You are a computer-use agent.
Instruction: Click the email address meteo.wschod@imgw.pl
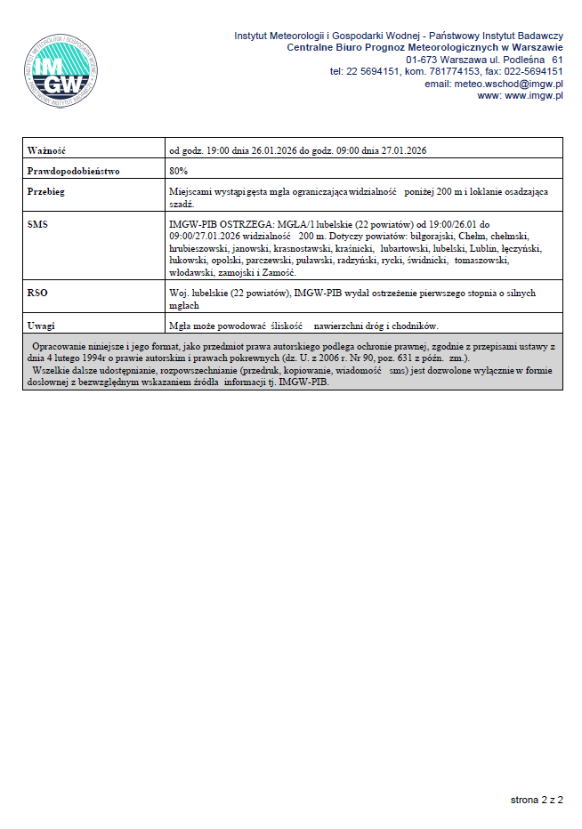(508, 84)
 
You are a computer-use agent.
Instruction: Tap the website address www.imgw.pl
(534, 96)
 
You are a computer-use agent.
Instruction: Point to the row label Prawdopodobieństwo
(73, 170)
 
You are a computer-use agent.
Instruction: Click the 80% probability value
(178, 170)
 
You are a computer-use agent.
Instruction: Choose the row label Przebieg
(46, 191)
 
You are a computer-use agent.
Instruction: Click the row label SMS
(37, 224)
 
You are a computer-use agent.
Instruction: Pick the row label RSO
(37, 292)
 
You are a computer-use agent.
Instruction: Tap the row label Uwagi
(42, 325)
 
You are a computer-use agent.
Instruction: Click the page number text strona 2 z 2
(537, 801)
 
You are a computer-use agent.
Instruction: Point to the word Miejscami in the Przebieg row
(190, 191)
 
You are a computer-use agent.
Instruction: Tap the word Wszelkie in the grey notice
(50, 366)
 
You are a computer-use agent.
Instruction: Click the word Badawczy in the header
(535, 36)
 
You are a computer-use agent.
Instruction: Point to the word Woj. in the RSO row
(178, 292)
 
